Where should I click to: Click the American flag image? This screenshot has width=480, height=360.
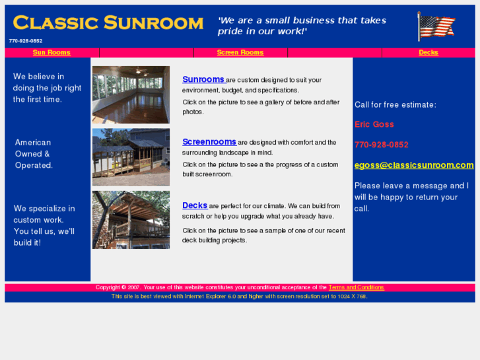pyautogui.click(x=436, y=26)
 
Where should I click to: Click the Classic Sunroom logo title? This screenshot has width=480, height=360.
pyautogui.click(x=108, y=23)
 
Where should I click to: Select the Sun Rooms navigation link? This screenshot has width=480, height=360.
pyautogui.click(x=51, y=53)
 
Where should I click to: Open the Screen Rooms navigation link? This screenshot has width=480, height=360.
pyautogui.click(x=240, y=53)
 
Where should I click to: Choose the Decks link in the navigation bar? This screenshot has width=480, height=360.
pyautogui.click(x=429, y=53)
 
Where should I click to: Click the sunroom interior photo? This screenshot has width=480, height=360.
pyautogui.click(x=131, y=94)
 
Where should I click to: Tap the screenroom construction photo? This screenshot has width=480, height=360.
pyautogui.click(x=131, y=157)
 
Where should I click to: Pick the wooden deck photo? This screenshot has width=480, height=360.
pyautogui.click(x=131, y=220)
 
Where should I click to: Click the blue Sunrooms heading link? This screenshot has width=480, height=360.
pyautogui.click(x=203, y=80)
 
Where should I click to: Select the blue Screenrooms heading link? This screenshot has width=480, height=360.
pyautogui.click(x=209, y=142)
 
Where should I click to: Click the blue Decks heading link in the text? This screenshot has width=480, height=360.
pyautogui.click(x=195, y=205)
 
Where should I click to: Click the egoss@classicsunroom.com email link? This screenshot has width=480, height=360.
pyautogui.click(x=414, y=165)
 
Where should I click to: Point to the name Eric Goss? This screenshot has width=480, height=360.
pyautogui.click(x=374, y=124)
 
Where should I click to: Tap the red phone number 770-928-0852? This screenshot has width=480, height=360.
pyautogui.click(x=382, y=145)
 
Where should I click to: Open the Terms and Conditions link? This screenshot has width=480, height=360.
pyautogui.click(x=357, y=287)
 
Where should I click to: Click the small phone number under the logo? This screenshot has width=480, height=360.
pyautogui.click(x=26, y=41)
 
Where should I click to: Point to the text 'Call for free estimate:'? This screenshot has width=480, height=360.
pyautogui.click(x=395, y=104)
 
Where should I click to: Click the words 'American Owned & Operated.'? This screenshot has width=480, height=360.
pyautogui.click(x=34, y=154)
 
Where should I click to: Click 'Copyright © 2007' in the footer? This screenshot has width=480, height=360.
pyautogui.click(x=118, y=287)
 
